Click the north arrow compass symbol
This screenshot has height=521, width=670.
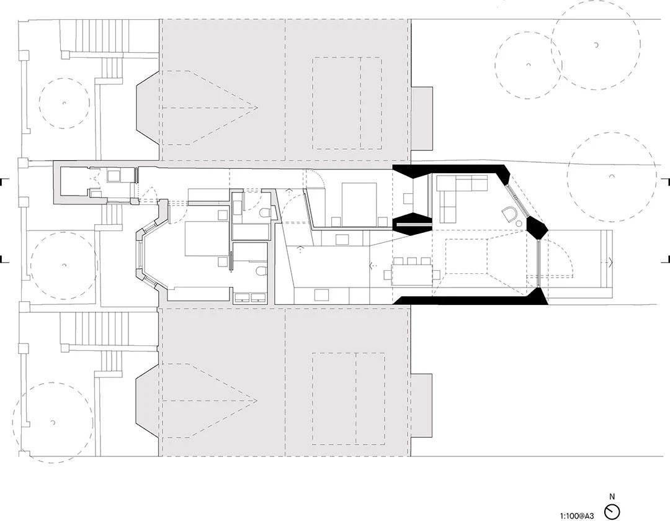tap(612, 511)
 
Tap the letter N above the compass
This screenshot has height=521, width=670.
tap(612, 497)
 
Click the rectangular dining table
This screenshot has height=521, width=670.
tap(409, 274)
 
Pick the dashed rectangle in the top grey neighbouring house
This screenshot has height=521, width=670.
tap(347, 103)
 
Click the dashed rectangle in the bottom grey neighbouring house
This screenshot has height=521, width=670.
tap(347, 399)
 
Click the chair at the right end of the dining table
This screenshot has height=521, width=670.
tap(436, 274)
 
